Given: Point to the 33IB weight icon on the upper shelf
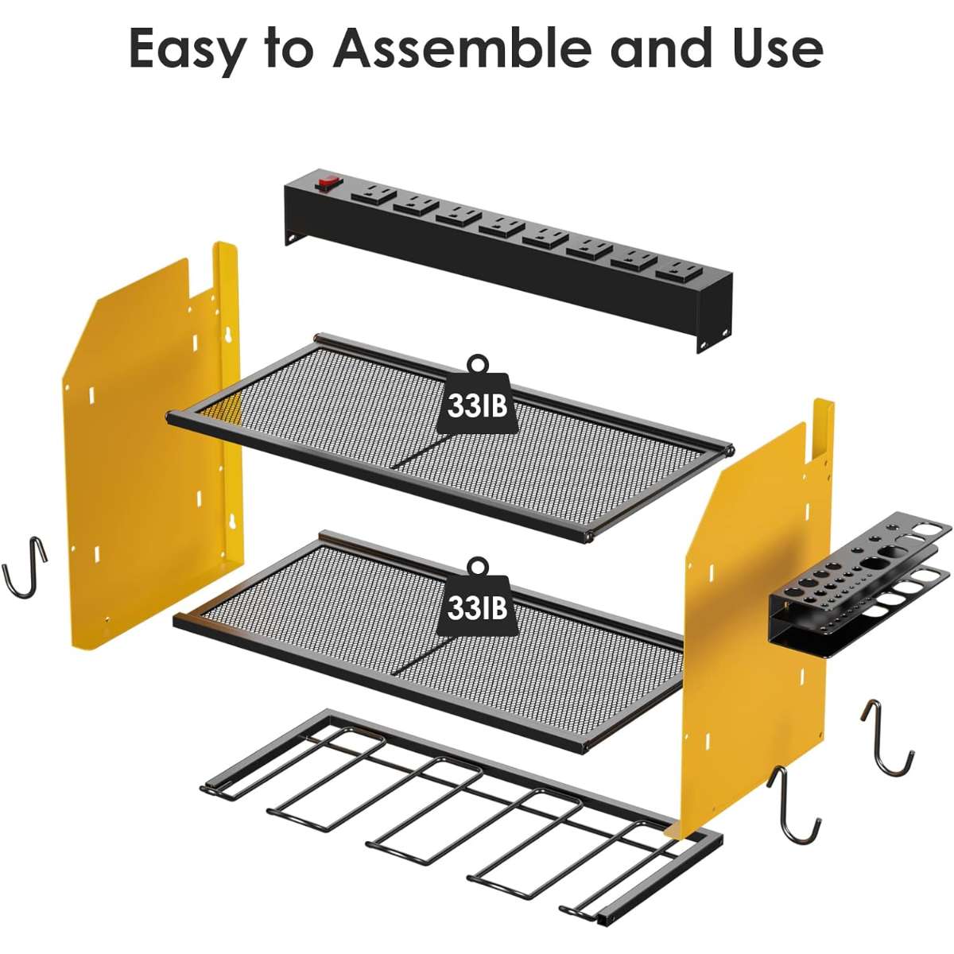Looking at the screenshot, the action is pyautogui.click(x=476, y=397).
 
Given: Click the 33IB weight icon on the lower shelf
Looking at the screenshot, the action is pyautogui.click(x=476, y=596).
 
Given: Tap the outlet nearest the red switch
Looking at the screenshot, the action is pyautogui.click(x=374, y=194).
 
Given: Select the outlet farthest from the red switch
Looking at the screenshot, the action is pyautogui.click(x=679, y=272).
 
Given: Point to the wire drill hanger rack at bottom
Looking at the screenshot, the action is pyautogui.click(x=460, y=797).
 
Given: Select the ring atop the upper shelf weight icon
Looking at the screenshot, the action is pyautogui.click(x=477, y=364).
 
